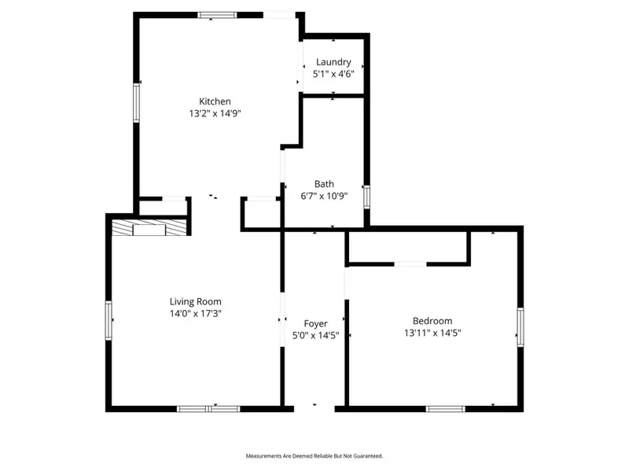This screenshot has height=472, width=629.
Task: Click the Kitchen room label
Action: pos(215,101)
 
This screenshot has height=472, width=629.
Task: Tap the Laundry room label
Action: pos(333,62)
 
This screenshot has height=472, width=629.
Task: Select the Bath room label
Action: pos(324,184)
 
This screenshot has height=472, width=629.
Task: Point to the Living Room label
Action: pos(196,301)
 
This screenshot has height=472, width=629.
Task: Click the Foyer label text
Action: pos(315,323)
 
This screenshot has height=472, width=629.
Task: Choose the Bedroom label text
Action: pos(432,321)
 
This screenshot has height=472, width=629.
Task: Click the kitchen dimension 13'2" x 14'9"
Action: pos(215,113)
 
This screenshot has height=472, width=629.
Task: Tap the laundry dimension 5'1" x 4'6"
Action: pos(333,74)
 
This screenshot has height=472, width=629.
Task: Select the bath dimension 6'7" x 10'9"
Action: pos(324,196)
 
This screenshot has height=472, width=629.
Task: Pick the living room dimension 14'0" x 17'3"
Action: pos(196,313)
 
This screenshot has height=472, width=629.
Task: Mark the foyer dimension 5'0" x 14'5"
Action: pos(315,335)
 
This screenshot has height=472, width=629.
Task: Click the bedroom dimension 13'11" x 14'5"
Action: pos(432,333)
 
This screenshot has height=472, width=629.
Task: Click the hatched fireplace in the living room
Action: pos(149,228)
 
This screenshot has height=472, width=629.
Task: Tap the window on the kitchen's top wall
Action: pos(218,14)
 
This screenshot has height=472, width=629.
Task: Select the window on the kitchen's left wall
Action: pos(136,102)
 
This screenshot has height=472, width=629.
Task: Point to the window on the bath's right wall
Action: pos(366,196)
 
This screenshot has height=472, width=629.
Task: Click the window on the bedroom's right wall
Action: pos(520,326)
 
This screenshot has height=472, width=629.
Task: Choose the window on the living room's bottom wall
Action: pos(208,408)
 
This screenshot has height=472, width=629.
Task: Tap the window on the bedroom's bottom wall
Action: pos(446,408)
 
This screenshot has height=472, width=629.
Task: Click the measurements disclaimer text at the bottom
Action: pos(314,456)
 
